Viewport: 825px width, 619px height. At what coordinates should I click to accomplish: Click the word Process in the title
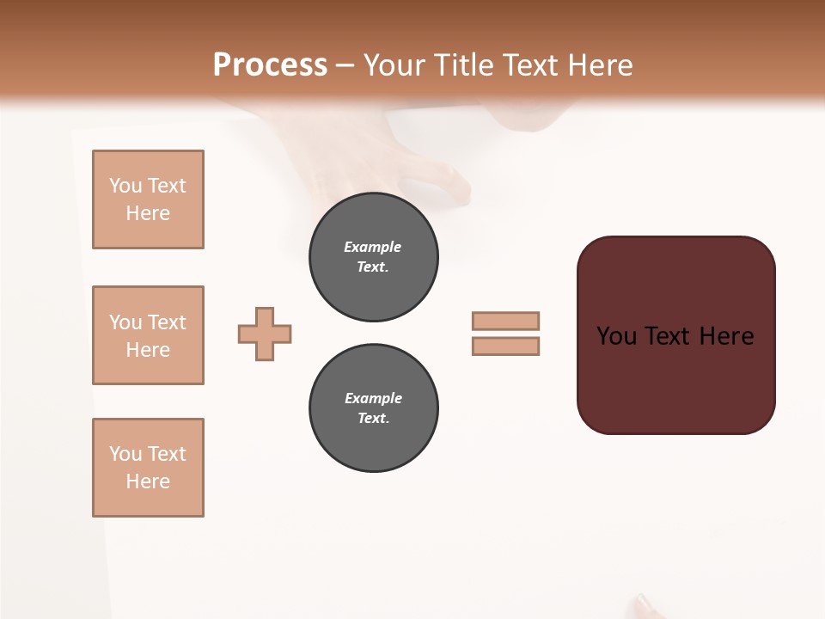pos(270,65)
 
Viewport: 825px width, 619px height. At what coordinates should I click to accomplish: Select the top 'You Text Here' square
pos(148,199)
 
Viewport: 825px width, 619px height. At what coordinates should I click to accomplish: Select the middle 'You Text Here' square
pos(148,335)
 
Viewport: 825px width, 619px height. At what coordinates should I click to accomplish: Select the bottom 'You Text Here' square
pos(148,468)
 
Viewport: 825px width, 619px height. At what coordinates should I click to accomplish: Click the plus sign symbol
pos(265,334)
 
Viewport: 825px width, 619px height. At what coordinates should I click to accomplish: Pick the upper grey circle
pos(374,257)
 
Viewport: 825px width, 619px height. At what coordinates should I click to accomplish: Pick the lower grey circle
pos(374,408)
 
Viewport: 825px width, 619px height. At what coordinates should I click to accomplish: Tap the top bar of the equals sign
pos(505,321)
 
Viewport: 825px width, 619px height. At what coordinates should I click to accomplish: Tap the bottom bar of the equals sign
pos(505,346)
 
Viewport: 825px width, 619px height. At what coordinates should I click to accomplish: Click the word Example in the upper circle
pos(372,247)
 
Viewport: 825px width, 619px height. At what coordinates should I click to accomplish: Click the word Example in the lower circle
pos(373,398)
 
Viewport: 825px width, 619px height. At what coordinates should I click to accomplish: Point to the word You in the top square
pos(125,186)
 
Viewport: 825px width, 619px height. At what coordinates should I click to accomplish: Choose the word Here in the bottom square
pos(148,481)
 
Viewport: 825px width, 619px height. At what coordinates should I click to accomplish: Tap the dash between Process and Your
pos(345,66)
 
